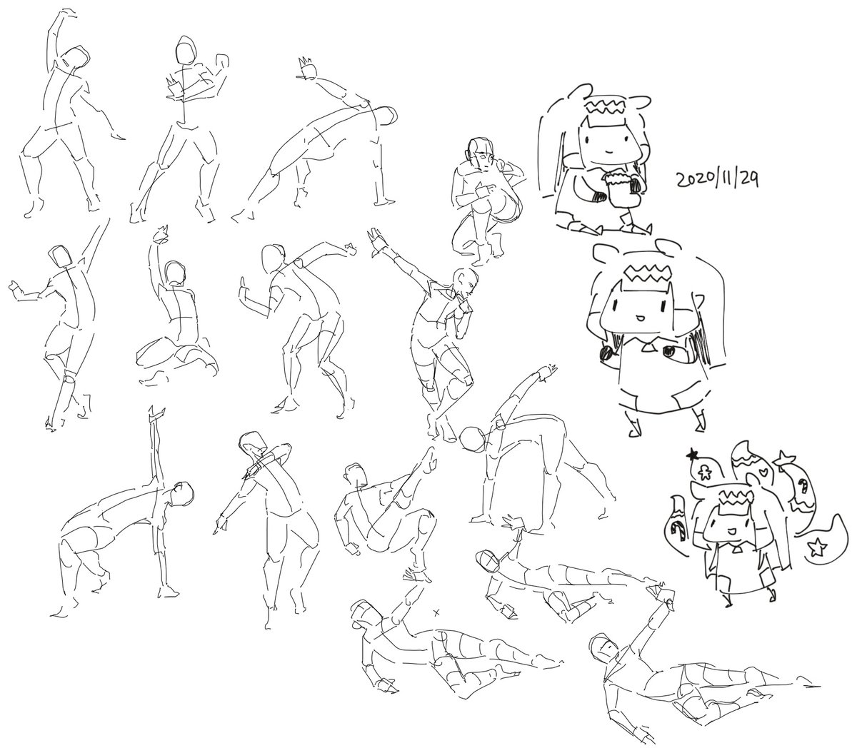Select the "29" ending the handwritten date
[x=748, y=179]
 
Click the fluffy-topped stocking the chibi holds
[x=619, y=188]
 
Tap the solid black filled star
[x=693, y=455]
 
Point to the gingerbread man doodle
[x=704, y=472]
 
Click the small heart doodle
[x=763, y=470]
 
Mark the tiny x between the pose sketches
[x=437, y=612]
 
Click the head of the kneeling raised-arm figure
[x=175, y=273]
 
